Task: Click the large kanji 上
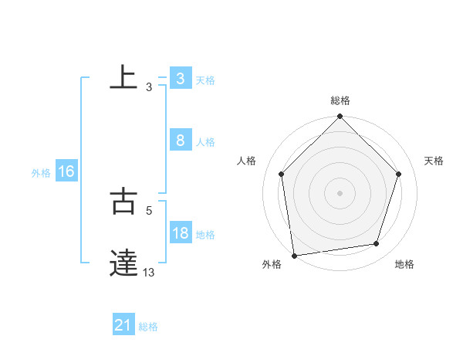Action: pyautogui.click(x=123, y=77)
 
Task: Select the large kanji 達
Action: pyautogui.click(x=123, y=263)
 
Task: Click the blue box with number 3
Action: pyautogui.click(x=180, y=79)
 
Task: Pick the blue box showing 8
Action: pyautogui.click(x=180, y=141)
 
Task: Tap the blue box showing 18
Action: pyautogui.click(x=180, y=233)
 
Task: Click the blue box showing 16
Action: pyautogui.click(x=66, y=171)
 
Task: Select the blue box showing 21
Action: pyautogui.click(x=123, y=326)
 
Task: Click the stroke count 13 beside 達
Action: pyautogui.click(x=149, y=273)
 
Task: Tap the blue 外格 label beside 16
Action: pyautogui.click(x=41, y=173)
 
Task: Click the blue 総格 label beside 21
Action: pyautogui.click(x=149, y=327)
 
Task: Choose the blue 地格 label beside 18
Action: pyautogui.click(x=205, y=235)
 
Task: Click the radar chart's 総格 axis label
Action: pyautogui.click(x=340, y=100)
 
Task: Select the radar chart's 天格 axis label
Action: pyautogui.click(x=434, y=161)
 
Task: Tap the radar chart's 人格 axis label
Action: pyautogui.click(x=246, y=161)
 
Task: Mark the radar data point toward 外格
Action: pyautogui.click(x=294, y=256)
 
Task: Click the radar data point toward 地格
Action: pyautogui.click(x=377, y=244)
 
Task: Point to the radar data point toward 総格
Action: pyautogui.click(x=340, y=117)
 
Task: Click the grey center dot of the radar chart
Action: pyautogui.click(x=340, y=192)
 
